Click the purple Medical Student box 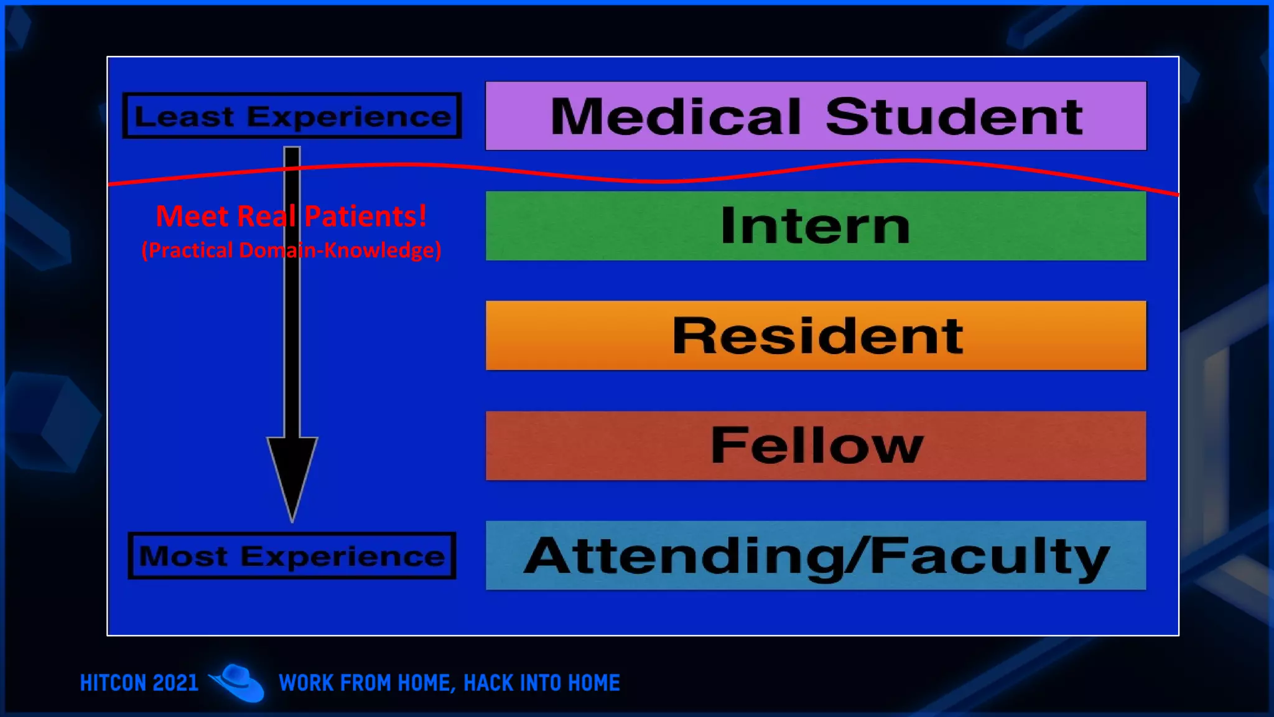(816, 116)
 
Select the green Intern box (816, 225)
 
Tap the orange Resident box (816, 335)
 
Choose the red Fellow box (816, 445)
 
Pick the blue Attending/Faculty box (816, 555)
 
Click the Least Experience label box (292, 116)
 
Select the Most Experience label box (292, 556)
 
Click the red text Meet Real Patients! (291, 216)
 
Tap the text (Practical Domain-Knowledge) (291, 250)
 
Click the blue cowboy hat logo (237, 683)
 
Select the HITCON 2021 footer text (139, 683)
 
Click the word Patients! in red (366, 216)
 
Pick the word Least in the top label (185, 116)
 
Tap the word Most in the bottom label (184, 556)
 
